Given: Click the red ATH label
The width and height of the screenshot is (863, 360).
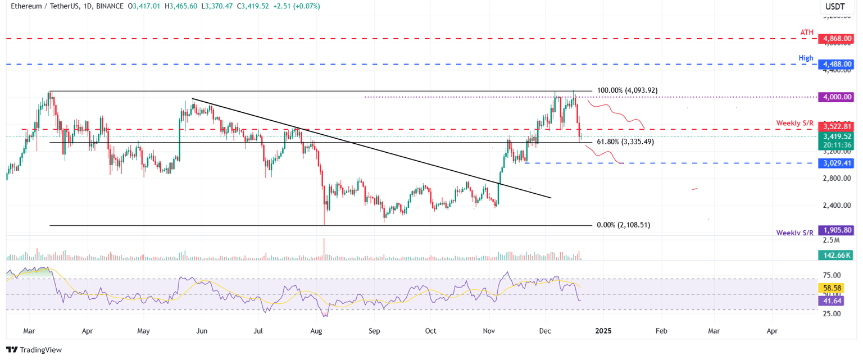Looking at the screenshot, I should point(807,33).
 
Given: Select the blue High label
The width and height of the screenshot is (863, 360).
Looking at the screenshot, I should point(806,58).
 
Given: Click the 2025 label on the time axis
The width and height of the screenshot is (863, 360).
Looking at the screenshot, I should point(603,331).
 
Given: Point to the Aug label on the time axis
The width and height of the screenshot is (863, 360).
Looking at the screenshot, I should point(316,331).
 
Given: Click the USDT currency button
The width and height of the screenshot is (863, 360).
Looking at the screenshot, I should point(836,7).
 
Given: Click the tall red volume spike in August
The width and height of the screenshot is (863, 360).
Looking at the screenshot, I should point(324,250).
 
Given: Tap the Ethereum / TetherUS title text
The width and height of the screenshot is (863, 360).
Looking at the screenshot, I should point(42,6).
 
